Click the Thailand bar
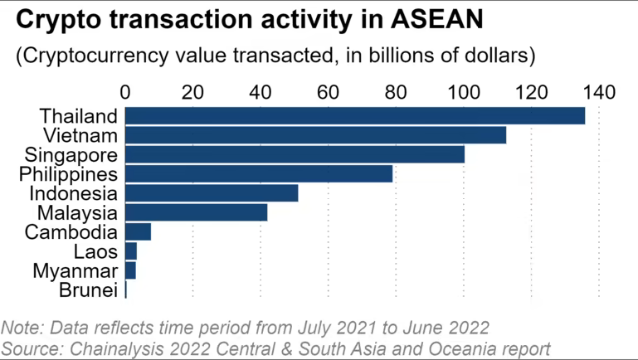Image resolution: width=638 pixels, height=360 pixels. pos(355,115)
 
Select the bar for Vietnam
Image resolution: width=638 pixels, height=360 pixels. pos(315,135)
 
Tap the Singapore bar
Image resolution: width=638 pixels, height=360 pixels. pos(295,154)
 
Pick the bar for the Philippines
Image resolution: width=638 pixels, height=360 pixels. pos(259,173)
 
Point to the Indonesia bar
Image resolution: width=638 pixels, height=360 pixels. pos(212,193)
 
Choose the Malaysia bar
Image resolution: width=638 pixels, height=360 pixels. pos(196,212)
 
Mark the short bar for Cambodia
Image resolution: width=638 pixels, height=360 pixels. pos(138,231)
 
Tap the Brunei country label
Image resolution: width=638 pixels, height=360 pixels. pos(88,289)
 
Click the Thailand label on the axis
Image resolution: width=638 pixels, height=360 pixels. pos(80,115)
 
